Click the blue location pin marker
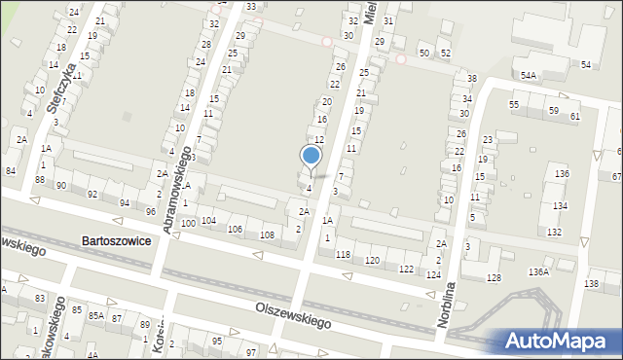point(311,156)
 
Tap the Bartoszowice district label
point(116,240)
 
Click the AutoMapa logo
point(557,341)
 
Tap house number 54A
point(529,75)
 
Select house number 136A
point(539,272)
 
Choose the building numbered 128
point(495,278)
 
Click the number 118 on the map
point(343,255)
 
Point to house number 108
point(267,235)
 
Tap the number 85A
point(96,316)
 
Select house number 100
point(187,224)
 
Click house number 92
point(92,195)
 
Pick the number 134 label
point(560,206)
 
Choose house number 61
point(575,117)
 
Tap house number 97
point(250,351)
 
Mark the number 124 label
point(432,275)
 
